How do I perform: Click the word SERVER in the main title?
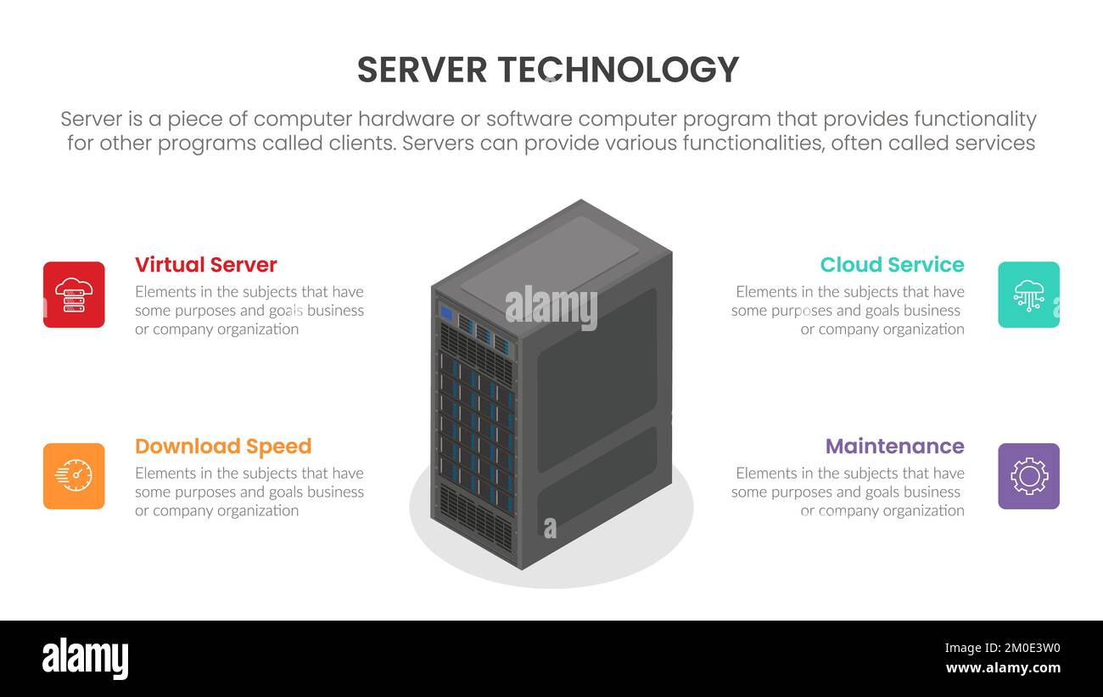tap(422, 70)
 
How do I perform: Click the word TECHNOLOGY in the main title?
tap(618, 70)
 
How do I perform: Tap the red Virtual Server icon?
tap(74, 295)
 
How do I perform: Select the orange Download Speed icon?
tap(74, 476)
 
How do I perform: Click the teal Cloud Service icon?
tap(1028, 295)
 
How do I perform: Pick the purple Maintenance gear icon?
tap(1028, 476)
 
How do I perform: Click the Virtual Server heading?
tap(206, 265)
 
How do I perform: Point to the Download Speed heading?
tap(223, 447)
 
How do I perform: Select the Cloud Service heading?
tap(892, 265)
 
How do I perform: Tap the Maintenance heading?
tap(894, 447)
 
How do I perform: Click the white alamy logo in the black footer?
tap(85, 659)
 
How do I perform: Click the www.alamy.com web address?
tap(1003, 668)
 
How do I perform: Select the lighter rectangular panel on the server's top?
tap(550, 258)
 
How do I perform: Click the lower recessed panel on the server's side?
tap(597, 481)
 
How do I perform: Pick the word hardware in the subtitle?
tap(423, 119)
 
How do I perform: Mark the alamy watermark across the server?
tap(551, 307)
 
